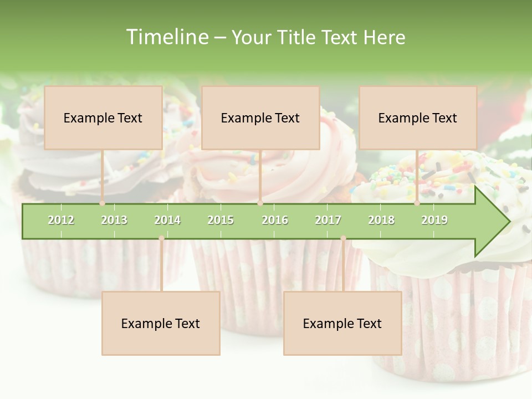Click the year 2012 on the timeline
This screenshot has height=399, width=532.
[x=61, y=221]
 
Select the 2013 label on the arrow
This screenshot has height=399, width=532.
[x=114, y=221]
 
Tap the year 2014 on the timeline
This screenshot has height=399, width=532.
[x=167, y=221]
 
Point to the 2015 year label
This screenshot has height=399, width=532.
[x=221, y=221]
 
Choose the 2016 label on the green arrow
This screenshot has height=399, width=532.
[x=275, y=221]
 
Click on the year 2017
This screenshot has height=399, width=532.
[x=328, y=221]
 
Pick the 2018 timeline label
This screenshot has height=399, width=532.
[x=381, y=221]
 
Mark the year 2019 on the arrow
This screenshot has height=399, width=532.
[x=434, y=221]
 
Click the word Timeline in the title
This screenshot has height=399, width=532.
[x=167, y=37]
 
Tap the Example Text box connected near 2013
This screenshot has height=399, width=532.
[x=103, y=117]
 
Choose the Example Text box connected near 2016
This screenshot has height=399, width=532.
[x=260, y=117]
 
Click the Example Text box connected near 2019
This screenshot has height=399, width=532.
[x=418, y=117]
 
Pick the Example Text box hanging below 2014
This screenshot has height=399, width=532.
[x=161, y=323]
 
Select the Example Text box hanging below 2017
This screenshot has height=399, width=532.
[x=342, y=323]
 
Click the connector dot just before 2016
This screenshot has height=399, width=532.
[x=260, y=203]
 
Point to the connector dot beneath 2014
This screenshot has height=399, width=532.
[x=161, y=238]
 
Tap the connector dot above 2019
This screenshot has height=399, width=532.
[x=417, y=203]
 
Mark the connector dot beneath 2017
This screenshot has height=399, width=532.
[x=343, y=238]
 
